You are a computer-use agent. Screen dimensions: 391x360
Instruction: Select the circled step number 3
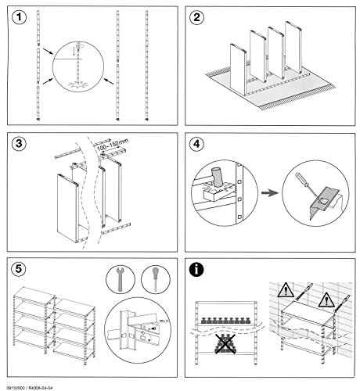coord(17,145)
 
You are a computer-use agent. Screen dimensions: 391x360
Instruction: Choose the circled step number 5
coord(17,271)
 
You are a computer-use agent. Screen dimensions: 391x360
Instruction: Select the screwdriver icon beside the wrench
coord(154,279)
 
